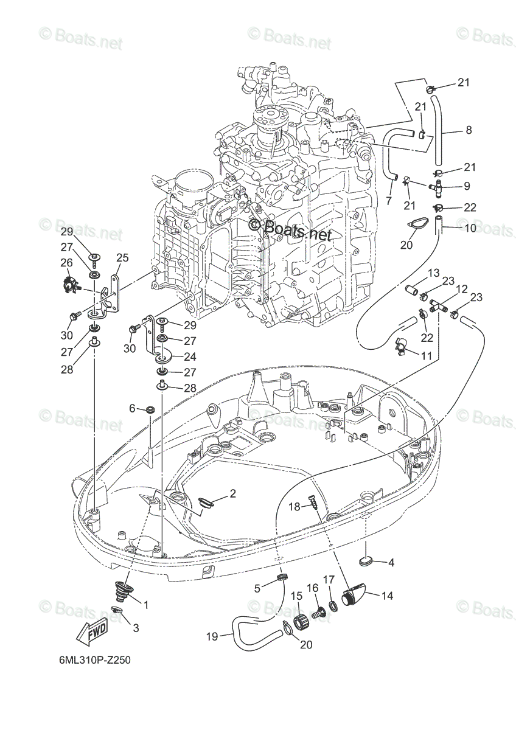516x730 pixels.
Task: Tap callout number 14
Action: point(386,596)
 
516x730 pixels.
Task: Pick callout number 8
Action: point(469,130)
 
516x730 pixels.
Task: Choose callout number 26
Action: point(66,262)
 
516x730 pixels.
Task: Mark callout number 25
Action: point(122,258)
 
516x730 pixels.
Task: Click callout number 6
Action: point(132,408)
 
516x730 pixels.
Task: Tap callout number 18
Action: point(295,516)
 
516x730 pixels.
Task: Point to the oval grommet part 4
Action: point(364,561)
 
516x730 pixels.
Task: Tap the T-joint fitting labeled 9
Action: point(436,187)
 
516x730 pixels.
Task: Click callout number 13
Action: point(434,273)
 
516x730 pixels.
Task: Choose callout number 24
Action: point(190,356)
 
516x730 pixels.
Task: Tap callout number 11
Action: point(426,355)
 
